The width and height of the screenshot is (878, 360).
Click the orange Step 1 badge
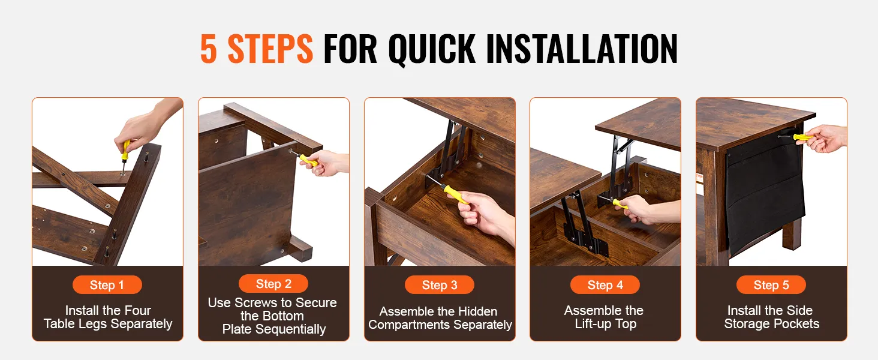pos(107,285)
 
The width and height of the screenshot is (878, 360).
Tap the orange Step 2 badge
pos(273,284)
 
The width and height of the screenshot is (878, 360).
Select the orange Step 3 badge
pos(440,285)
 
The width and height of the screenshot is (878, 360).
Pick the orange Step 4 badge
pos(605,285)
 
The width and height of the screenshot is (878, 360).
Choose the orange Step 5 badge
pos(771,285)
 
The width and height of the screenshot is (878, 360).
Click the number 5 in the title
pos(209,49)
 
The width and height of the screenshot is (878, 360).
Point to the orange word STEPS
pos(270,49)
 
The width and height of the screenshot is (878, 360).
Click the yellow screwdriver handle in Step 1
pos(125,150)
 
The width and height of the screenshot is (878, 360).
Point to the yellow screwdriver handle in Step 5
pos(803,137)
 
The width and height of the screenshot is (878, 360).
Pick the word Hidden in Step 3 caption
pos(478,311)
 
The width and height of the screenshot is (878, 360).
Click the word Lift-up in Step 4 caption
pos(593,325)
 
